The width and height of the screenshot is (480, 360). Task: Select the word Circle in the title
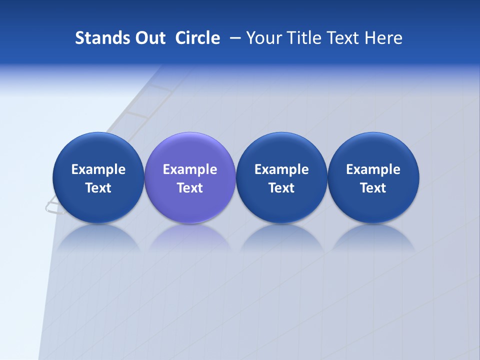tap(197, 38)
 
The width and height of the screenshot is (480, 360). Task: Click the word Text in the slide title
tap(345, 38)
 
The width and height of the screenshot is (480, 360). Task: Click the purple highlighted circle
tap(190, 205)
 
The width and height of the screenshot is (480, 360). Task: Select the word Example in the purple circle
tap(190, 169)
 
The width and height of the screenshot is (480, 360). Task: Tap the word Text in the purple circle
tap(190, 188)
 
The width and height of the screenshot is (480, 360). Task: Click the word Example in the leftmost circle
tap(98, 169)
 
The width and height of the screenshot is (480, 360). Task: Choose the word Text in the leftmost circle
tap(98, 188)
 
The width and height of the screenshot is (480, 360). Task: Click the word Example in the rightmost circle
tap(373, 169)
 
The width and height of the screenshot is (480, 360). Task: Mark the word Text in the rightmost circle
tap(373, 188)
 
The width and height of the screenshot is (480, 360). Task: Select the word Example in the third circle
tap(281, 169)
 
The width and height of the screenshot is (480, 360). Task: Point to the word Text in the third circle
tap(281, 188)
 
